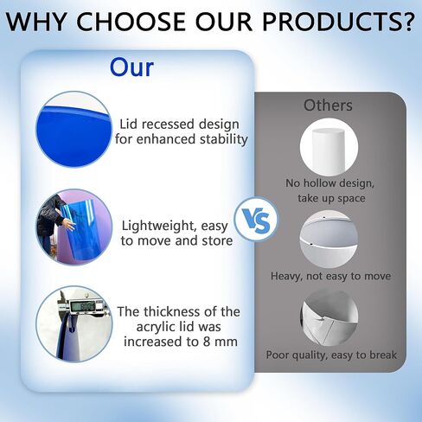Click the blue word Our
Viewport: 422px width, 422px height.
131,67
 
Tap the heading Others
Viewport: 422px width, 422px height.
328,105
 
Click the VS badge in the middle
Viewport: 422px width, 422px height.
256,220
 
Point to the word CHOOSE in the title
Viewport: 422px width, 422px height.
131,22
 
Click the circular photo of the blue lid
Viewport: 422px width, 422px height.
74,129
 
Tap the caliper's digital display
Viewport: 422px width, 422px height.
83,306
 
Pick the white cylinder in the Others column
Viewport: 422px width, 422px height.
329,150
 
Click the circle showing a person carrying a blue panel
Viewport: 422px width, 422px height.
74,227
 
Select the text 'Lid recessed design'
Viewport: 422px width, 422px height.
179,125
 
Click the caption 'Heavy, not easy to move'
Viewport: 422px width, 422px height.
330,276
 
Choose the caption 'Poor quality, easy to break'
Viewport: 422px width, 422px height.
331,355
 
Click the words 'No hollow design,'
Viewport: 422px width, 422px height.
329,183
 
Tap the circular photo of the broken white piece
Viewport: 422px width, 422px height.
329,317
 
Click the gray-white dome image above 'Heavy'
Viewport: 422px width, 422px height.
329,240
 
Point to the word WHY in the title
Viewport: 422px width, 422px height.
36,22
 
